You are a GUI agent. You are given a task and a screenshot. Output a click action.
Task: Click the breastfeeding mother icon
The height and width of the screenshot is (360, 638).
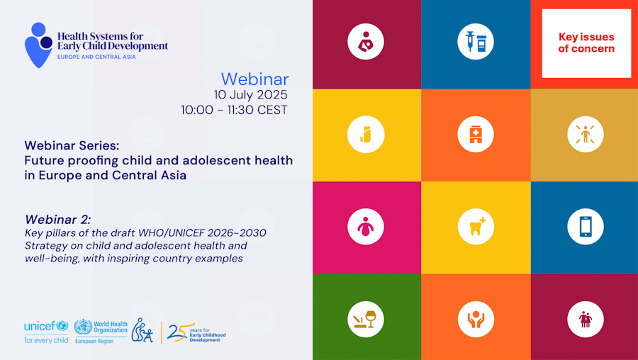(x=365, y=42)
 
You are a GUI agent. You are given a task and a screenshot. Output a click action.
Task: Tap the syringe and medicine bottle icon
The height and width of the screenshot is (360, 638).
(x=475, y=42)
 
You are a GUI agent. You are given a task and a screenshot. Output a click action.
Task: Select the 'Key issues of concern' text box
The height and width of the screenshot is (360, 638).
(x=586, y=43)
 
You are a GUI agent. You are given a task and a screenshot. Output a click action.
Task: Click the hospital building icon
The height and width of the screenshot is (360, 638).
(x=475, y=134)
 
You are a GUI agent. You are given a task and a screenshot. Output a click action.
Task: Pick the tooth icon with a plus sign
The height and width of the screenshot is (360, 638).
(x=475, y=227)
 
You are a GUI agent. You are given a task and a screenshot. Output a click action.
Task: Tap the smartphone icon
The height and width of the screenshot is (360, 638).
(x=586, y=227)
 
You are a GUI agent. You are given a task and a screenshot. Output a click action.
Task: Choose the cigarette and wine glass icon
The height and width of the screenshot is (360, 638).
(x=365, y=320)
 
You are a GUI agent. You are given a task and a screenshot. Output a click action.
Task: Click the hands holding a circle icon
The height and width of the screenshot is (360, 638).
(x=475, y=320)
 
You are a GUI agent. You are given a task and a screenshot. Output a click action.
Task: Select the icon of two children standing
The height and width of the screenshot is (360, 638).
(x=586, y=320)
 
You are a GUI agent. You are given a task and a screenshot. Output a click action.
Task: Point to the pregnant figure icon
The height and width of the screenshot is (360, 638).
(x=365, y=227)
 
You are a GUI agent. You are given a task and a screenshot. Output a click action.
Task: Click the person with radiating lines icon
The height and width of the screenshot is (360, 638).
(x=586, y=134)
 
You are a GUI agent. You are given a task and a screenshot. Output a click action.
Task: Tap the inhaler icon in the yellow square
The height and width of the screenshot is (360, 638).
(x=365, y=134)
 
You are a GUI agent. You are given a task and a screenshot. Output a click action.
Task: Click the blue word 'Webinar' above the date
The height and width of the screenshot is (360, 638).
(x=255, y=79)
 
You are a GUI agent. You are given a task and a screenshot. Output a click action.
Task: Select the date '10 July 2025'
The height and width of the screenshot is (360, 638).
(x=251, y=95)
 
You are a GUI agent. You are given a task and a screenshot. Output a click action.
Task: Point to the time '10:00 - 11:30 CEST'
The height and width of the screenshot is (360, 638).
(x=235, y=110)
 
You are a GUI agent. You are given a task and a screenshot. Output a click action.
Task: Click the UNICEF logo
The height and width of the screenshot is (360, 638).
(x=46, y=332)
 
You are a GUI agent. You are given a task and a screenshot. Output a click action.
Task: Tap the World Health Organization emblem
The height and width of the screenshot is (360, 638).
(x=83, y=327)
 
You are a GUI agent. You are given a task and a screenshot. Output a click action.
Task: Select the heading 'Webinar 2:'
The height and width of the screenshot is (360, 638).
(x=58, y=220)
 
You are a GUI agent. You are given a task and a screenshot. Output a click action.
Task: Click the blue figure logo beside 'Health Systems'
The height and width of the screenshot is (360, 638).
(x=38, y=45)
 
